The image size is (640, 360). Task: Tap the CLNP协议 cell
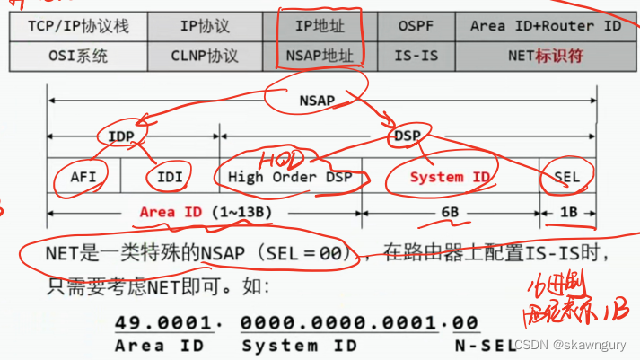206,56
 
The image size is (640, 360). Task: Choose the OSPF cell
416,26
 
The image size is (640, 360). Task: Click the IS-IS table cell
416,56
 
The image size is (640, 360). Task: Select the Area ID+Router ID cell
545,26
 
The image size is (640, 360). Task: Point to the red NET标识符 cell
545,56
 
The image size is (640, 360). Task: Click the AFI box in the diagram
83,177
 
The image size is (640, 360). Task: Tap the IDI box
169,177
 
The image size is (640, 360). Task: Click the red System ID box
449,177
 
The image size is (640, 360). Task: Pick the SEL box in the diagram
566,177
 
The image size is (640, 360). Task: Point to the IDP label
120,136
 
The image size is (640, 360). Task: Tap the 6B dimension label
449,213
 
